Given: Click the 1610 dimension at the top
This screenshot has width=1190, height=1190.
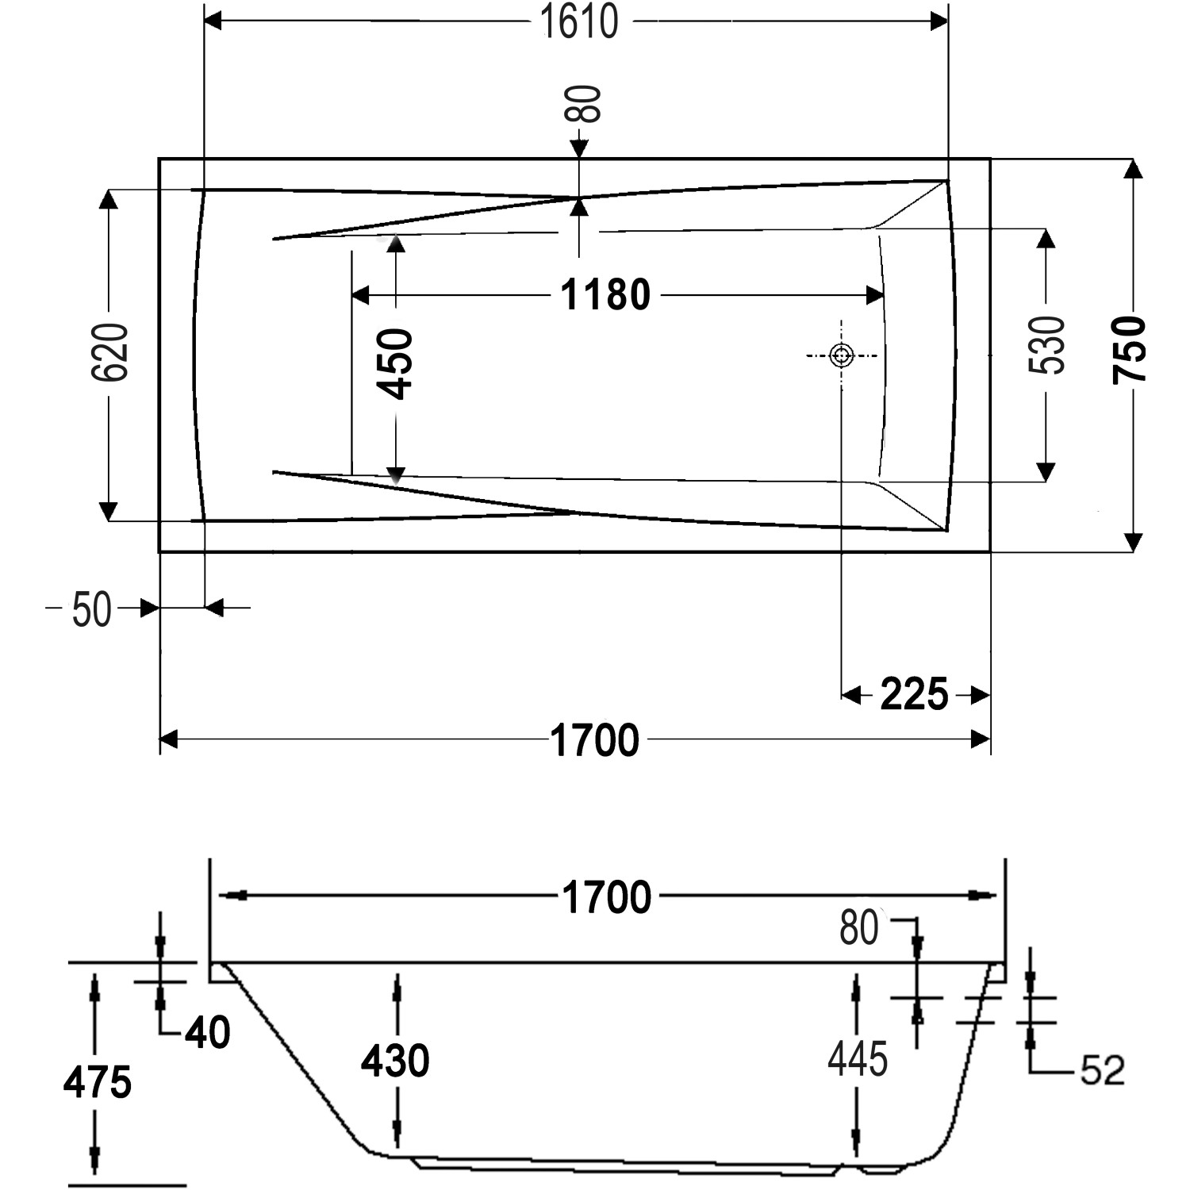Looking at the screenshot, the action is (x=578, y=21).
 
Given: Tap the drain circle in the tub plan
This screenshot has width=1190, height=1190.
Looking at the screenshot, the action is (x=841, y=355).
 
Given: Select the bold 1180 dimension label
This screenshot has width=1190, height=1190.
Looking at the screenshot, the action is (x=605, y=295).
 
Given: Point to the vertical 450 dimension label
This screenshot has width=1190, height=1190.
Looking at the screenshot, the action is (x=395, y=363).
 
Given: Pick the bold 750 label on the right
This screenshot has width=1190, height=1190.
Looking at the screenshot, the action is (x=1129, y=350).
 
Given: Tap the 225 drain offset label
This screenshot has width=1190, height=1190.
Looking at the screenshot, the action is (x=914, y=695).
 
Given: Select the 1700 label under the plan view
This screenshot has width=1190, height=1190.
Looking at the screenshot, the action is (x=594, y=741).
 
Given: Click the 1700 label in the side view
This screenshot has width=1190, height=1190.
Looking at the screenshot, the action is (x=606, y=898).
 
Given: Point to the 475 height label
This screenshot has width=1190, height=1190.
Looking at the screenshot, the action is (x=97, y=1083).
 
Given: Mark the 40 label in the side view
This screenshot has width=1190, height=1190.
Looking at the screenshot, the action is (x=208, y=1033).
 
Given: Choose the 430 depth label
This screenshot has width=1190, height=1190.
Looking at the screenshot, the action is (x=395, y=1061).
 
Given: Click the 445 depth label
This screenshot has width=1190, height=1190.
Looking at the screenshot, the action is (x=858, y=1059).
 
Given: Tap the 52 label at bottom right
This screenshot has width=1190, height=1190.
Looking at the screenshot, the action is (x=1103, y=1070).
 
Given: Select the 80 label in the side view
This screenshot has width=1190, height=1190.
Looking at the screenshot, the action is (x=859, y=927).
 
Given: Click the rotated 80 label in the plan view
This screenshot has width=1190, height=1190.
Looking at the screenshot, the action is (x=585, y=103).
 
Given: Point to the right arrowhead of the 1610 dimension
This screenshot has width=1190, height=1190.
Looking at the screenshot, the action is (x=939, y=21).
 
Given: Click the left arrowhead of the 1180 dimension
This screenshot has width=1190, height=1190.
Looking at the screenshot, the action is (x=361, y=295).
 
